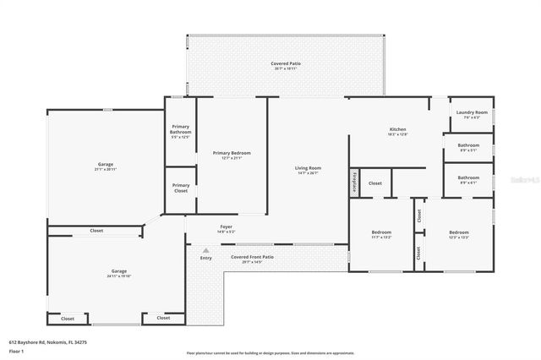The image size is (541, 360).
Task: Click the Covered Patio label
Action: (286, 65)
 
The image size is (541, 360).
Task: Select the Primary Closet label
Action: (180, 187)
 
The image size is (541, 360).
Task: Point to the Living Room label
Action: (308, 170)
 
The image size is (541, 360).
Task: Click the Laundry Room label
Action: (472, 115)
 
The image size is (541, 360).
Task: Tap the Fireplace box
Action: (355, 181)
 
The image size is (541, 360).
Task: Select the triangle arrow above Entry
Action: (205, 250)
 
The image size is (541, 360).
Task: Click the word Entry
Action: (205, 258)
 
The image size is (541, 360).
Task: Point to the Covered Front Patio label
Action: (252, 259)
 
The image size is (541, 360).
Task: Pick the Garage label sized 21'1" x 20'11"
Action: (105, 166)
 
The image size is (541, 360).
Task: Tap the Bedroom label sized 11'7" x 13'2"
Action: (381, 234)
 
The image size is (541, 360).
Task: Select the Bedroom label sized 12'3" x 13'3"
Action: (458, 234)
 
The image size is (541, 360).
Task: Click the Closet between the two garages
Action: (96, 231)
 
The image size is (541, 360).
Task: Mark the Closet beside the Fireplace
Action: (374, 183)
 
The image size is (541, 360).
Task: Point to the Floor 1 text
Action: (17, 349)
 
